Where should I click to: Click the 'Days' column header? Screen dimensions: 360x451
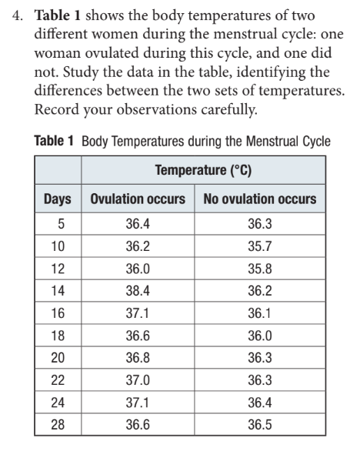58,199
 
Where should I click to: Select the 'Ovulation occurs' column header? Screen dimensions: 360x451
138,199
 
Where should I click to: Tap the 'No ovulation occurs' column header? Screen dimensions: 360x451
260,199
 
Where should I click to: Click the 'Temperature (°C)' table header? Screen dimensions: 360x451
203,170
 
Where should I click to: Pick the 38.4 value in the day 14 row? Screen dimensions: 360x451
138,291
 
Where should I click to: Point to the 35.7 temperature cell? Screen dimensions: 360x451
260,246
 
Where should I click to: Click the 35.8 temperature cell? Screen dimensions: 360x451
260,269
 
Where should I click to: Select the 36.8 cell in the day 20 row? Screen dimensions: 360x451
138,358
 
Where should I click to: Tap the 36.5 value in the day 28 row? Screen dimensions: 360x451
260,425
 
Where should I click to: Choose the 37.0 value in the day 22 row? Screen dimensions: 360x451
138,380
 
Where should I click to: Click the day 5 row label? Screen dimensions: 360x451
62,224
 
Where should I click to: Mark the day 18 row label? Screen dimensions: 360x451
58,336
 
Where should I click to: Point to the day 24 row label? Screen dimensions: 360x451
58,403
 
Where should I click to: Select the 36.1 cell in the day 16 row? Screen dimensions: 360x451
259,313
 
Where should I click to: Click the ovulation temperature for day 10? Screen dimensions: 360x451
138,246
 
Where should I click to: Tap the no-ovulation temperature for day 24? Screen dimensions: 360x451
260,403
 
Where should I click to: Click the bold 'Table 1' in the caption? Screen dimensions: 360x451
54,141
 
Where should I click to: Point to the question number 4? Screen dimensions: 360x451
17,16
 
